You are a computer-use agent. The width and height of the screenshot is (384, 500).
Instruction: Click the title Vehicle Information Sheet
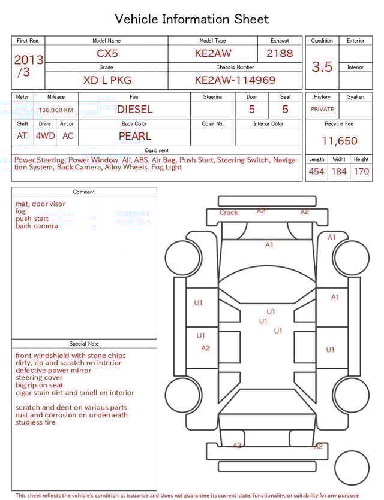pyautogui.click(x=192, y=19)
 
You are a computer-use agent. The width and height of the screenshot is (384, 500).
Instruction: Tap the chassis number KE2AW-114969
pyautogui.click(x=235, y=80)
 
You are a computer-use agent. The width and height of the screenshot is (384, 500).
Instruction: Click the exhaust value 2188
pyautogui.click(x=280, y=53)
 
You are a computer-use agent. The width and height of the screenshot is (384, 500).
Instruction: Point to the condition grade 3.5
pyautogui.click(x=322, y=66)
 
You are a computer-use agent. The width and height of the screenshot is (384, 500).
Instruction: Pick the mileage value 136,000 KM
pyautogui.click(x=56, y=110)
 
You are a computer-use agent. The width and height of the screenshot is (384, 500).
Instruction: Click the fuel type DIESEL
pyautogui.click(x=134, y=109)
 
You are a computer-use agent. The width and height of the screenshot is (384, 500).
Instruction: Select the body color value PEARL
pyautogui.click(x=134, y=136)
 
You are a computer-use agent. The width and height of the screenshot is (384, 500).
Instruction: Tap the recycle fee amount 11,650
pyautogui.click(x=339, y=141)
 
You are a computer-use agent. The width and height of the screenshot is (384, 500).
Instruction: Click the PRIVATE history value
pyautogui.click(x=322, y=109)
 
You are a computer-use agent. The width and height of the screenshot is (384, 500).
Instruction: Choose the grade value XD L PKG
pyautogui.click(x=107, y=80)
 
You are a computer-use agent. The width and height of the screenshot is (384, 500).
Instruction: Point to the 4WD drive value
pyautogui.click(x=45, y=136)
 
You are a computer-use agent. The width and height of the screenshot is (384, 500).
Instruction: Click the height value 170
pyautogui.click(x=361, y=171)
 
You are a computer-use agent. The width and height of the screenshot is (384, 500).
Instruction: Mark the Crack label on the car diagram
pyautogui.click(x=229, y=213)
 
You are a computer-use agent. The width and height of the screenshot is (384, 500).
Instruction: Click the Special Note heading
pyautogui.click(x=84, y=344)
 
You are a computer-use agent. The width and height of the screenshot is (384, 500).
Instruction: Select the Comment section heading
pyautogui.click(x=84, y=192)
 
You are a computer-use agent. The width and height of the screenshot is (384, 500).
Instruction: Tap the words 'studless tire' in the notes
pyautogui.click(x=35, y=422)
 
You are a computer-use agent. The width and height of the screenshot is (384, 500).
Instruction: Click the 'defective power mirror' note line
pyautogui.click(x=53, y=371)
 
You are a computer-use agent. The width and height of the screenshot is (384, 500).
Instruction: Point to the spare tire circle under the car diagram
pyautogui.click(x=352, y=468)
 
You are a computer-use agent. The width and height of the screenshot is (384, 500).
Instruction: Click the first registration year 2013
pyautogui.click(x=28, y=60)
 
